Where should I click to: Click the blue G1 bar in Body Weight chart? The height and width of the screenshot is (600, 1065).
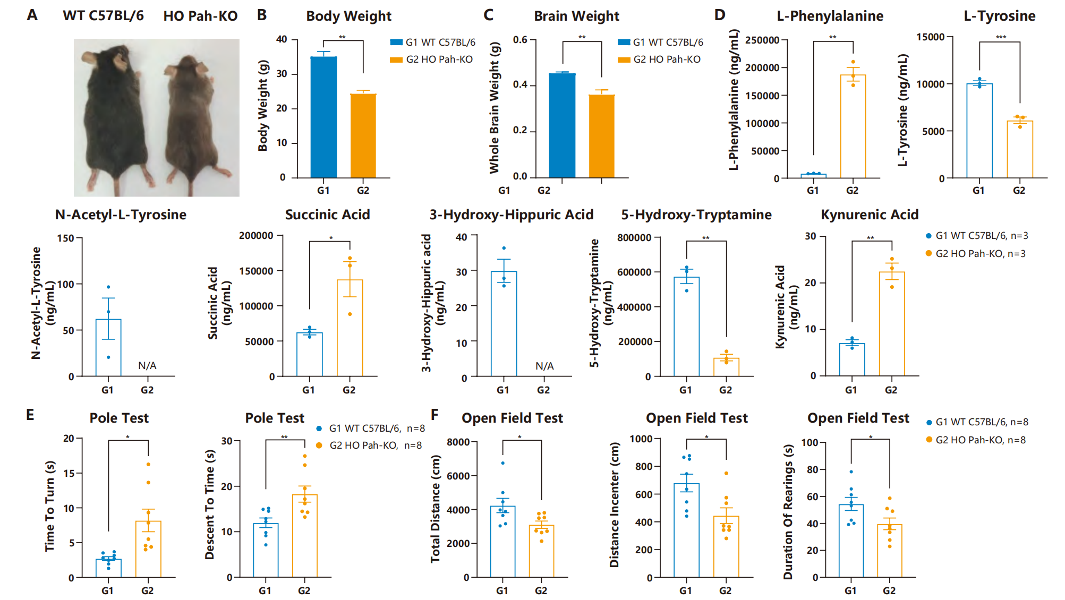point(323,117)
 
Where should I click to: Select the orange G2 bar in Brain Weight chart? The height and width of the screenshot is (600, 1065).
point(601,136)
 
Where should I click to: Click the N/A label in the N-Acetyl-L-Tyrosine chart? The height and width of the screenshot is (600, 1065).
point(147,365)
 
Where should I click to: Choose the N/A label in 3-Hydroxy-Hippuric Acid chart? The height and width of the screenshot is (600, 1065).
point(544,366)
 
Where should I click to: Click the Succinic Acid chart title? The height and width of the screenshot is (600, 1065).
point(327,215)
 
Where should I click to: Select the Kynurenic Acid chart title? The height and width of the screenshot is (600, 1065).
point(870,215)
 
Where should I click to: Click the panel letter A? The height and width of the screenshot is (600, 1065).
point(32,15)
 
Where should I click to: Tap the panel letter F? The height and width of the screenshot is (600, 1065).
point(435,414)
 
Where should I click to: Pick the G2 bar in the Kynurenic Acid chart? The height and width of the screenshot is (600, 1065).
point(891,324)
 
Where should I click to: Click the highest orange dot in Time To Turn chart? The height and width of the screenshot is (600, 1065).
point(148,465)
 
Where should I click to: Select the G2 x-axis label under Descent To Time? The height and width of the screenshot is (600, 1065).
point(304,590)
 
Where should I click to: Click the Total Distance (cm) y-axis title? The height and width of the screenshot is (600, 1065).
point(436,508)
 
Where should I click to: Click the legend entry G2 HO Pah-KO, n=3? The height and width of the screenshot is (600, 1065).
point(979,254)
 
